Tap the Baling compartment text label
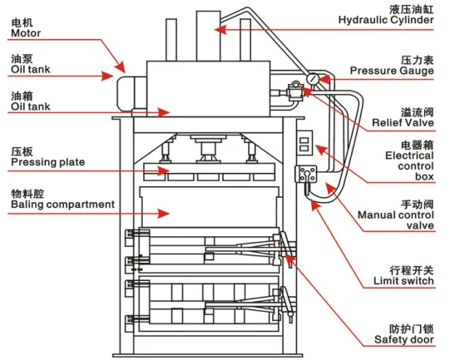click(x=62, y=204)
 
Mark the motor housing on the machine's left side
click(x=129, y=88)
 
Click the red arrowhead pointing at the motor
click(x=123, y=67)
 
